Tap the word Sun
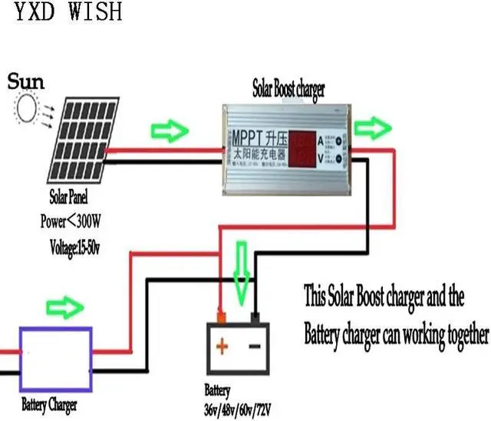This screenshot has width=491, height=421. tap(27, 81)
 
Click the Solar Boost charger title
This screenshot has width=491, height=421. tap(288, 88)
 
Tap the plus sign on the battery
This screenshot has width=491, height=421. tap(222, 346)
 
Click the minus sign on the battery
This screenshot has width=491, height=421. tap(254, 346)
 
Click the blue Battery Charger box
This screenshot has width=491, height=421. tap(55, 359)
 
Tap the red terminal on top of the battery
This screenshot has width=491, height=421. tap(222, 316)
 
